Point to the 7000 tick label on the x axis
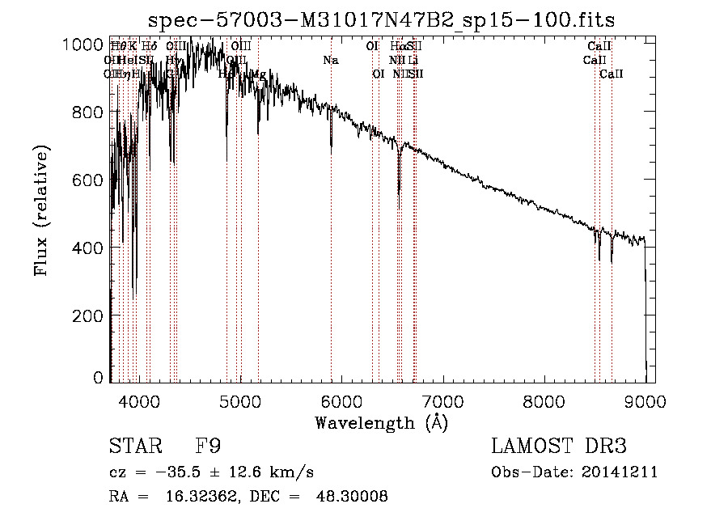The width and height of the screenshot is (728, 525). click(442, 400)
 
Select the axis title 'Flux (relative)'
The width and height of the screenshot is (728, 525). click(41, 210)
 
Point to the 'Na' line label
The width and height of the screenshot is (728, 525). click(331, 61)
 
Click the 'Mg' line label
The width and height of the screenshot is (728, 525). click(258, 74)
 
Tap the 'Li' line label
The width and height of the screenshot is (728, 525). click(413, 61)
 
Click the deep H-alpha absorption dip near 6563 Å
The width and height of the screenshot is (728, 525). click(399, 191)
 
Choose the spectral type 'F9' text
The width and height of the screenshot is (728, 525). click(209, 447)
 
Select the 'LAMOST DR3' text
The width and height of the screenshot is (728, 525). click(558, 447)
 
